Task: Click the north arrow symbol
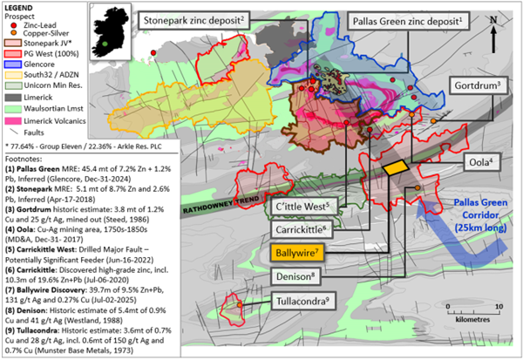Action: tap(492, 28)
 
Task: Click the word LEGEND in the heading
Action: tap(20, 7)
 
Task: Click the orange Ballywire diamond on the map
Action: tap(397, 166)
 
